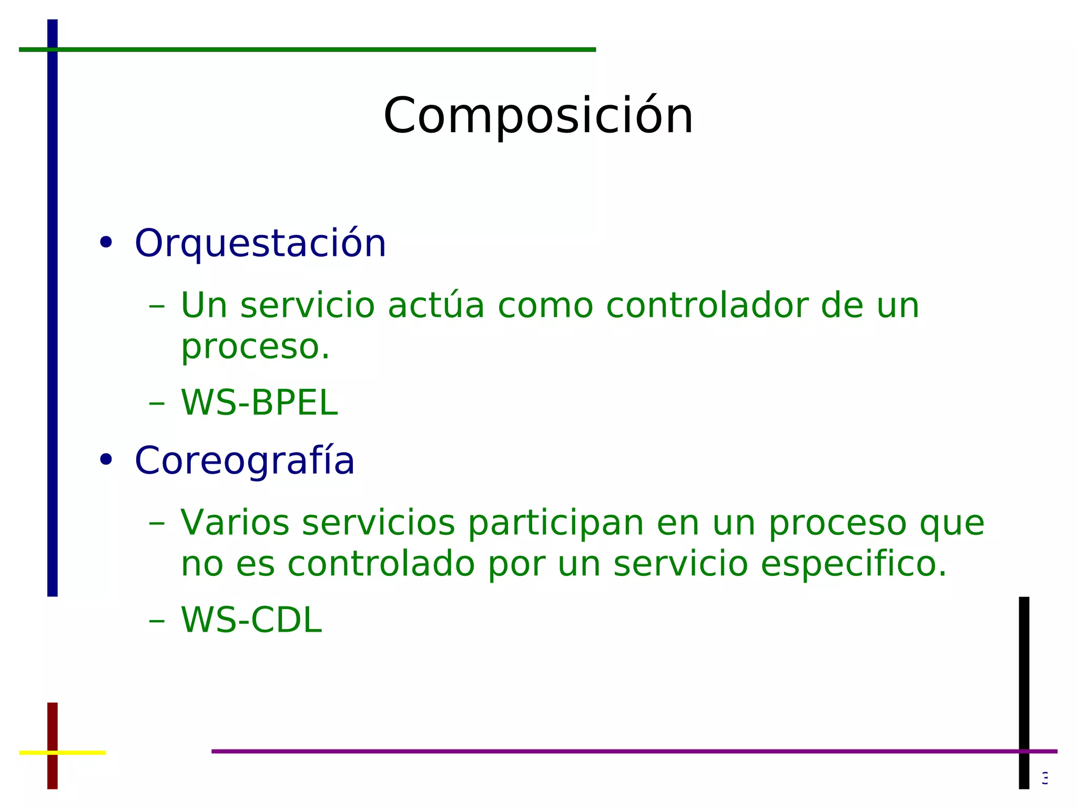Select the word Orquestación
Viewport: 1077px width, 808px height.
[x=260, y=244]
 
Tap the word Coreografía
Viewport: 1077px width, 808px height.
[x=245, y=461]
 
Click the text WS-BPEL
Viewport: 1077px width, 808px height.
[x=259, y=403]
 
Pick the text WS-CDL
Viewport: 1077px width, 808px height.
[x=251, y=620]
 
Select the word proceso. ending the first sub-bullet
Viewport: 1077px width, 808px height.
[x=255, y=347]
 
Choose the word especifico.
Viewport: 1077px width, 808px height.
[x=854, y=564]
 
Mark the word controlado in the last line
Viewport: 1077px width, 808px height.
[x=381, y=564]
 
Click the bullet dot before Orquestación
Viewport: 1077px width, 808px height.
[x=106, y=243]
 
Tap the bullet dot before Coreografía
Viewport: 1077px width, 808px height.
[x=106, y=460]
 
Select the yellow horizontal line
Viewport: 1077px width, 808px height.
[x=79, y=753]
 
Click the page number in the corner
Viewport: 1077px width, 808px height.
[x=1045, y=777]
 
